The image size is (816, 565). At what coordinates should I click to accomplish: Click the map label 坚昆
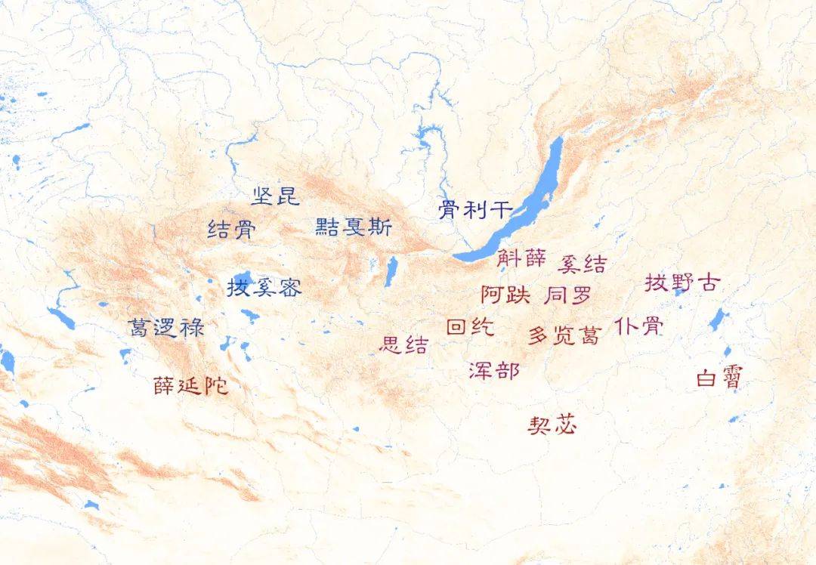(276, 196)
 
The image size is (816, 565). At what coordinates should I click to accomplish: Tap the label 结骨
(231, 229)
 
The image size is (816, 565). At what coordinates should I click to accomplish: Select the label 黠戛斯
(354, 226)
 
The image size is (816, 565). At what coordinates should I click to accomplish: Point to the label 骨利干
(475, 209)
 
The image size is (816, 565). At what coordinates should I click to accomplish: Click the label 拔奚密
(264, 287)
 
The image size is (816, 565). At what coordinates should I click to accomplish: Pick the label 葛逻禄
(165, 327)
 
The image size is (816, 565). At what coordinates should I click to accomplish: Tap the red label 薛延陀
(190, 386)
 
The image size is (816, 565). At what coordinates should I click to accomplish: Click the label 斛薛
(521, 258)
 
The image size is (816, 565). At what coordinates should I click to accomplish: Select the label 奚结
(582, 264)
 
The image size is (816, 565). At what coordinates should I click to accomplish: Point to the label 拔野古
(682, 283)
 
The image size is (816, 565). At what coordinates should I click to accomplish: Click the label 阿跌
(505, 295)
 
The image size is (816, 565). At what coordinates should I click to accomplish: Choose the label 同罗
(567, 295)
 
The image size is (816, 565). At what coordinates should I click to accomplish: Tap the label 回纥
(470, 327)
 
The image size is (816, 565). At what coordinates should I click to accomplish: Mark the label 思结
(403, 345)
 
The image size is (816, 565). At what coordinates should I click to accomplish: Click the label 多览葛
(563, 335)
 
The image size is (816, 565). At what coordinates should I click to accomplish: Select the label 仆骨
(639, 326)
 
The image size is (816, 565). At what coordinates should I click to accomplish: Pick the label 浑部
(493, 370)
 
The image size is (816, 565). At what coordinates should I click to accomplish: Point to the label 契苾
(552, 425)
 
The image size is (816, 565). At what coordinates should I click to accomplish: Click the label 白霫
(719, 378)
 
